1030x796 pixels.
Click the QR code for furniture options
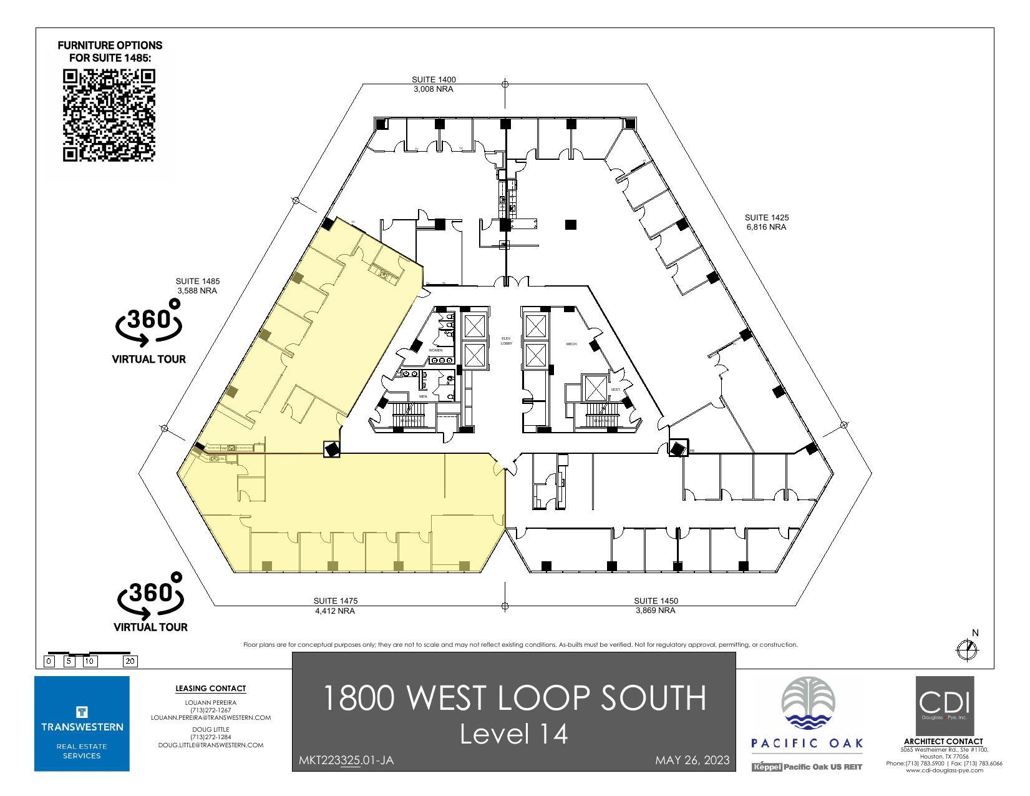(x=109, y=115)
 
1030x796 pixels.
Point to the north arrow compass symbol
(x=968, y=649)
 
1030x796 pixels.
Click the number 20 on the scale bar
(x=130, y=661)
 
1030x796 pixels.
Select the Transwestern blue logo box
(x=82, y=723)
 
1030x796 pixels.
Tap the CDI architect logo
(x=945, y=705)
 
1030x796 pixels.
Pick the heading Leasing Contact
(x=210, y=689)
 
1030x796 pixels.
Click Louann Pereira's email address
(x=210, y=717)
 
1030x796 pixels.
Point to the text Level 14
(x=513, y=734)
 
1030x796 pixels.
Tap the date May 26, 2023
(x=692, y=760)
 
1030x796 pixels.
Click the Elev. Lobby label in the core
(x=506, y=341)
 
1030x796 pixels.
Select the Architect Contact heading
(x=943, y=742)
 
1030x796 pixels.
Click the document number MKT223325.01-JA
(x=346, y=760)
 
